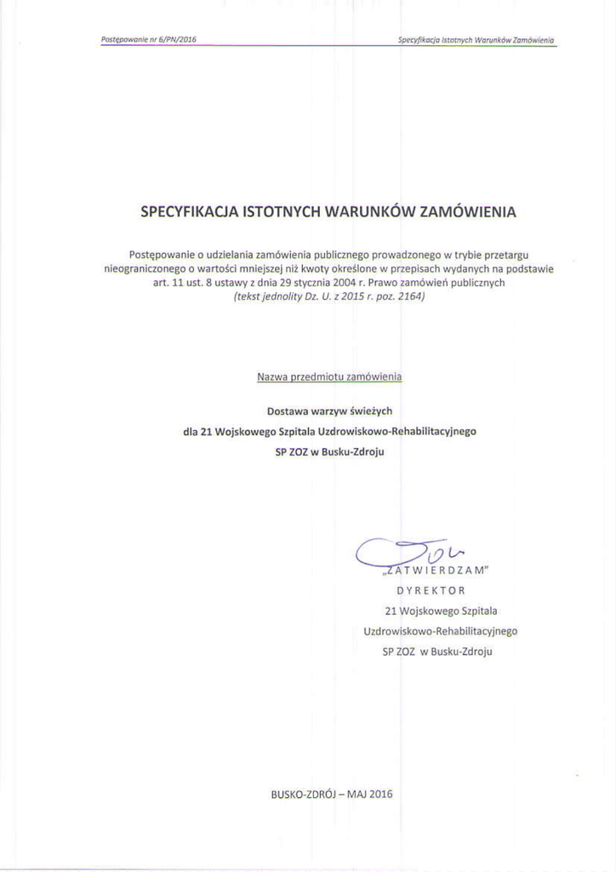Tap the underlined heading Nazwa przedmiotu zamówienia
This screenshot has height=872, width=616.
point(328,376)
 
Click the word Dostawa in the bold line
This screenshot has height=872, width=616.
point(286,410)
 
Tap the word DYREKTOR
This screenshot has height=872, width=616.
point(431,589)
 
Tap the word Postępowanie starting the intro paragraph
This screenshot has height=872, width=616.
point(161,254)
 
